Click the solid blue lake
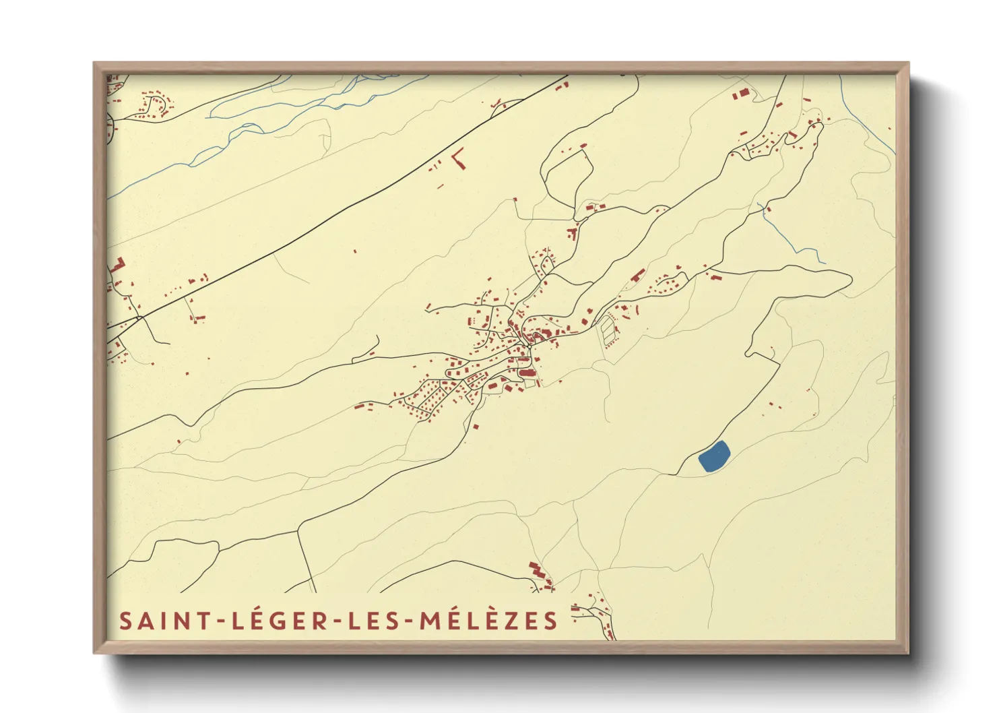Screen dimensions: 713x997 (714, 456)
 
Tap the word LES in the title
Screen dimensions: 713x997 (375, 621)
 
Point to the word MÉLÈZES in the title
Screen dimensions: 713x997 (489, 621)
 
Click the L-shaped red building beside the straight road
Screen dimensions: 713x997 (459, 159)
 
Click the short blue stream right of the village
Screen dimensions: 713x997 (788, 236)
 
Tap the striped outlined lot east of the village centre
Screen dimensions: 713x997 (608, 330)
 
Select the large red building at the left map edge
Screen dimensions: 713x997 (118, 265)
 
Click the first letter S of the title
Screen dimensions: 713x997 (125, 621)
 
